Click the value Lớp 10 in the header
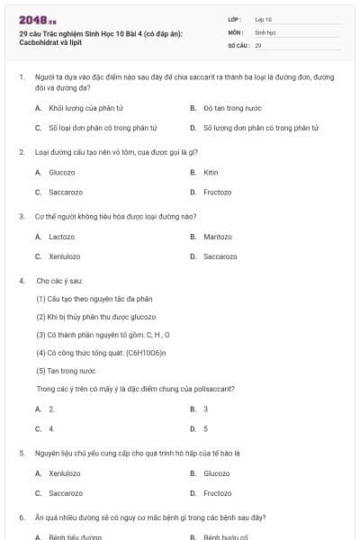(x=264, y=19)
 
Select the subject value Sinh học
(x=265, y=31)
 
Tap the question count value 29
(x=258, y=44)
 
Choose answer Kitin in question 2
(x=211, y=172)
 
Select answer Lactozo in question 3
(x=61, y=237)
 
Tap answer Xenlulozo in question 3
(x=65, y=256)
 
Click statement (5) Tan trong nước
(x=66, y=371)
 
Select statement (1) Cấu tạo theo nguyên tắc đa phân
(x=94, y=299)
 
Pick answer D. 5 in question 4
(x=205, y=428)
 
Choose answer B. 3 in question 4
(x=205, y=409)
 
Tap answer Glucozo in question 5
(x=217, y=473)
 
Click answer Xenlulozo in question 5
(x=65, y=473)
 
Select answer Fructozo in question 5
(x=217, y=493)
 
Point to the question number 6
(x=21, y=518)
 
